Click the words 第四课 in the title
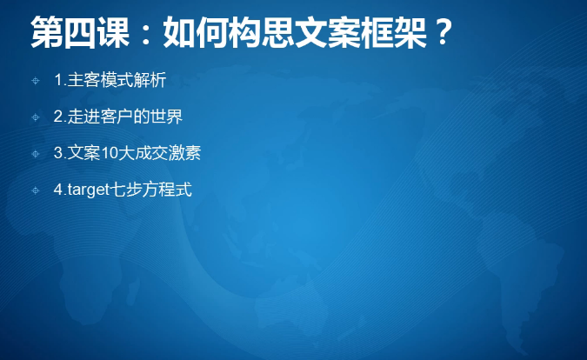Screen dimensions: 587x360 point(80,32)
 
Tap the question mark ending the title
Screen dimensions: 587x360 point(444,32)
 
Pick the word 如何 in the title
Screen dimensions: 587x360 point(197,32)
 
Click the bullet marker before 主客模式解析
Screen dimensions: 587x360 point(36,81)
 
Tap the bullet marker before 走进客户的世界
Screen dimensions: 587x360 point(36,117)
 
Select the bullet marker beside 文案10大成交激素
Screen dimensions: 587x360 point(36,154)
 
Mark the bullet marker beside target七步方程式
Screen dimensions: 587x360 point(36,190)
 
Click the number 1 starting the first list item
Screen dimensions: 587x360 point(58,80)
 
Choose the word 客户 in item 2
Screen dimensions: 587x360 point(117,117)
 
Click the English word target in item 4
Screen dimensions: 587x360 point(89,190)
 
